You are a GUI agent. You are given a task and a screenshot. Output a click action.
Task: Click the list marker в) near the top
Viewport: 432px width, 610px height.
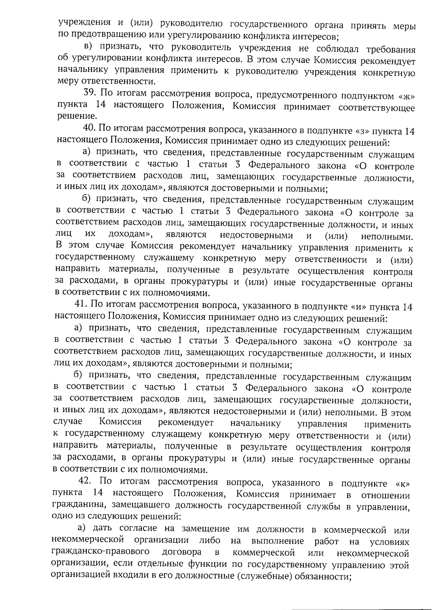pos(89,46)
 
